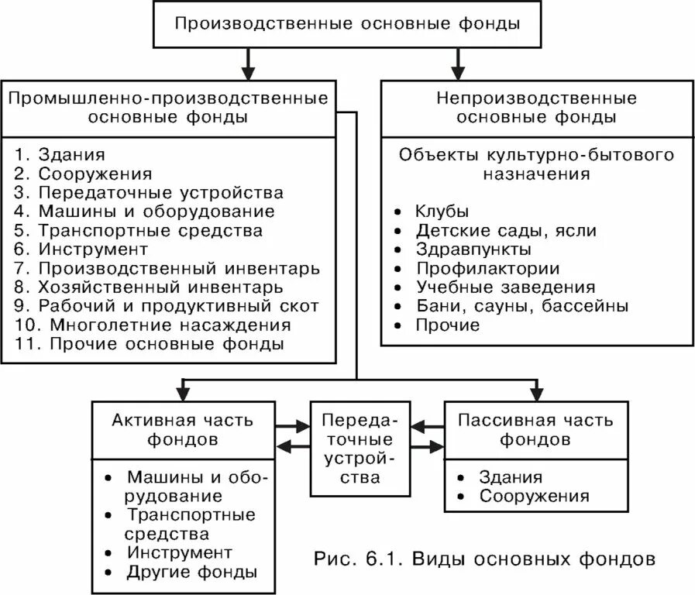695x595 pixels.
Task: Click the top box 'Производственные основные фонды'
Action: (x=346, y=24)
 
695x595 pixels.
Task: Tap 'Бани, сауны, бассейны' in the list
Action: (x=521, y=306)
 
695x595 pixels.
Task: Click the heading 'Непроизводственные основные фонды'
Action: (x=536, y=108)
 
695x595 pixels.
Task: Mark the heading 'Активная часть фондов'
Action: (x=182, y=430)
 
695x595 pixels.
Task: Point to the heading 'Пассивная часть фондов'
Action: (x=535, y=430)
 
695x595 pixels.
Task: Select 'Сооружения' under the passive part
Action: (x=534, y=496)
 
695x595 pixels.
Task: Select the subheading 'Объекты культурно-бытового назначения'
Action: (x=536, y=163)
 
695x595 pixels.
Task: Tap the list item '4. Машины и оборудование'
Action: (x=145, y=212)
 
